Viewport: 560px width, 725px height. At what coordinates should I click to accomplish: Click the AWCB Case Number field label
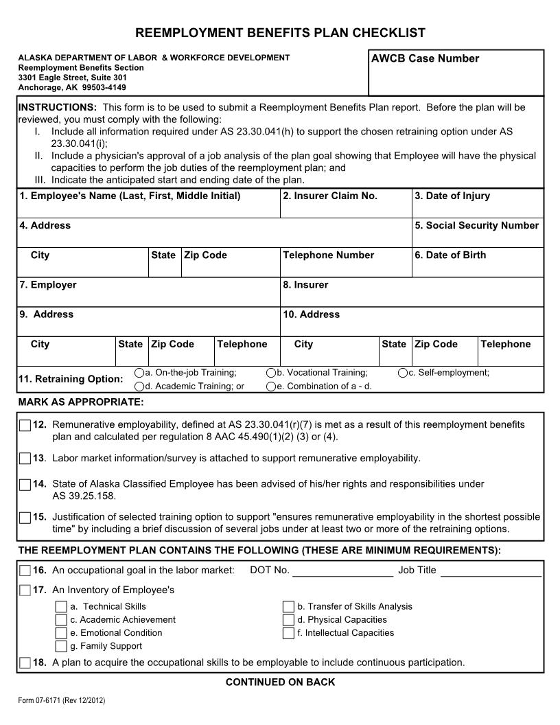[x=425, y=59]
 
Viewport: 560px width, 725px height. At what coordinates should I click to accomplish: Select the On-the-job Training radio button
[x=140, y=373]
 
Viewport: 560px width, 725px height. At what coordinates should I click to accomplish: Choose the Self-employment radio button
[x=402, y=373]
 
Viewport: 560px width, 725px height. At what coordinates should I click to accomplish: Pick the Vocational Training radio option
[x=271, y=373]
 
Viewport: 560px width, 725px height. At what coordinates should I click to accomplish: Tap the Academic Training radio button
[x=140, y=387]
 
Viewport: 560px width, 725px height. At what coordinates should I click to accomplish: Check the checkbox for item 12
[x=25, y=426]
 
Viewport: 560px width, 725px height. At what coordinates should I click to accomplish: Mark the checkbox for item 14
[x=25, y=485]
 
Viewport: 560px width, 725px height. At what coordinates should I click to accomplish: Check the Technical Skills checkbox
[x=62, y=607]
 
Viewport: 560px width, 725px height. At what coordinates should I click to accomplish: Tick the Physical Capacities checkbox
[x=288, y=620]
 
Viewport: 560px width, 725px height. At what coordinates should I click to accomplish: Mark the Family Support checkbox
[x=62, y=646]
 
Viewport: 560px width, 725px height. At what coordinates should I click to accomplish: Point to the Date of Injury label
[x=452, y=196]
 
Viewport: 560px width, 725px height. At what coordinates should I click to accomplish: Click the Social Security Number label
[x=477, y=226]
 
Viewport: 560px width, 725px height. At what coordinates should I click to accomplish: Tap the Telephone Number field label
[x=328, y=255]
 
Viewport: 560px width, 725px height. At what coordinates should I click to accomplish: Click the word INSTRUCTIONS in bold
[x=57, y=108]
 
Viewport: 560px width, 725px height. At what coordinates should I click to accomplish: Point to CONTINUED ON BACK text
[x=280, y=682]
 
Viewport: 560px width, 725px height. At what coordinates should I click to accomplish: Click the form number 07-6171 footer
[x=62, y=701]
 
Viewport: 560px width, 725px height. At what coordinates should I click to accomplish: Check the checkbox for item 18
[x=25, y=663]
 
